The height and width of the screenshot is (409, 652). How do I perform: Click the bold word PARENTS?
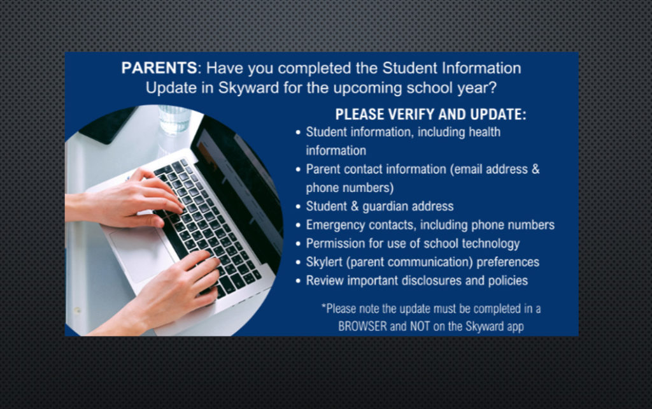(159, 68)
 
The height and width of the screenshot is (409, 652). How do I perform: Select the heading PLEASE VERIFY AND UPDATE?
(431, 115)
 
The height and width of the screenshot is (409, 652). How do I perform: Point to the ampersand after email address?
(535, 169)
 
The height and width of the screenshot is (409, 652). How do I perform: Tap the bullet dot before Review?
(298, 281)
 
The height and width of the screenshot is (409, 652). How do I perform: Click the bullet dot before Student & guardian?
(298, 207)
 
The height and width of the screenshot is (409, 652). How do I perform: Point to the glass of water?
(174, 119)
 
